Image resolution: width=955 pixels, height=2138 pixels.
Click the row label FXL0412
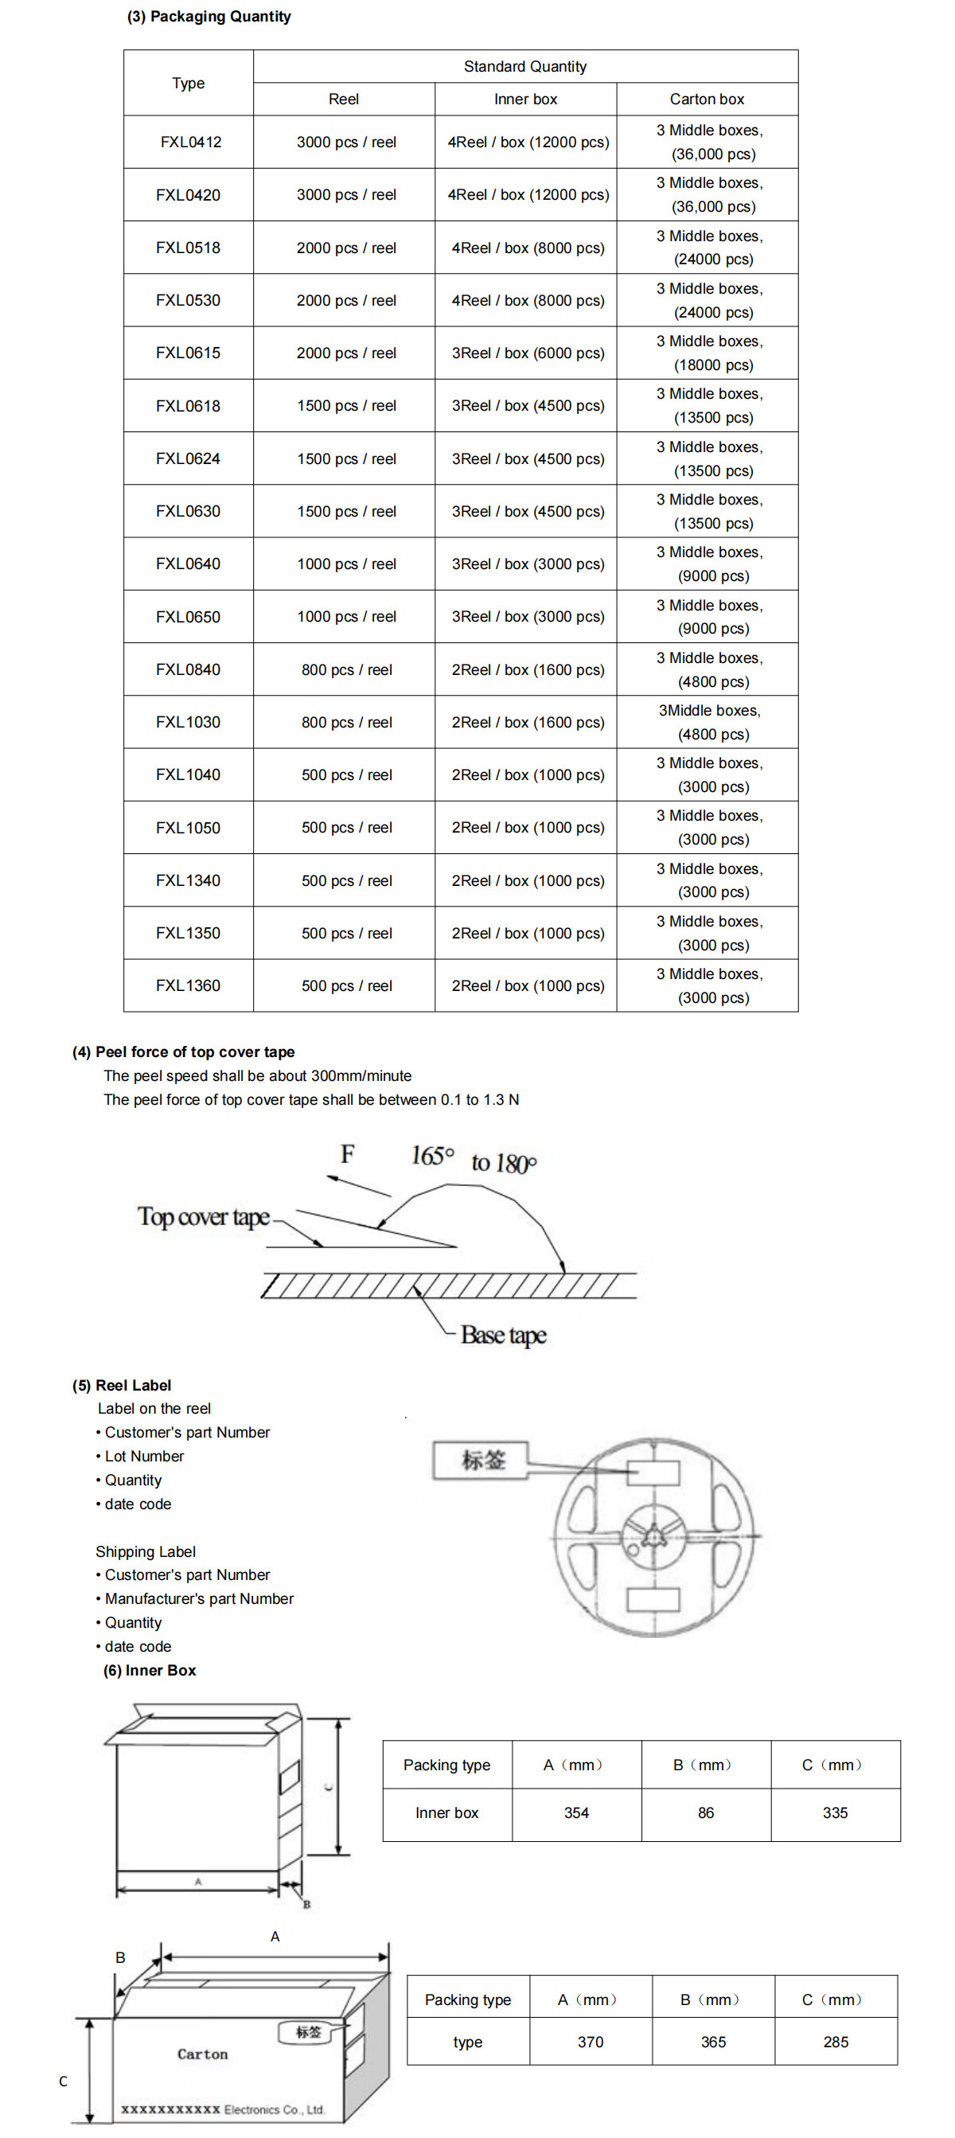pyautogui.click(x=190, y=142)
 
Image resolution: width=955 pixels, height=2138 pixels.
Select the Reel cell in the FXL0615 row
pyautogui.click(x=346, y=353)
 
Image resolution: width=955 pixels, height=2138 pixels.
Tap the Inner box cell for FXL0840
pyautogui.click(x=527, y=669)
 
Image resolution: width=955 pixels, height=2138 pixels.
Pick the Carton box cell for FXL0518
pyautogui.click(x=708, y=248)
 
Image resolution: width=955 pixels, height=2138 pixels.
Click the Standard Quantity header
pyautogui.click(x=524, y=66)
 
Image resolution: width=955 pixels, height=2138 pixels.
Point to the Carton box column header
pyautogui.click(x=707, y=99)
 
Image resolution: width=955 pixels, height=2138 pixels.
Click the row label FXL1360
pyautogui.click(x=189, y=985)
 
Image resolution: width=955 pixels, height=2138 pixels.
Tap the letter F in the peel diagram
pyautogui.click(x=348, y=1153)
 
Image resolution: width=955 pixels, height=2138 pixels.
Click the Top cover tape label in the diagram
pyautogui.click(x=203, y=1217)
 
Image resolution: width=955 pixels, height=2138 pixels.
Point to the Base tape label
pyautogui.click(x=504, y=1335)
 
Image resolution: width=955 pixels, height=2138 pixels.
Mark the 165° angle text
pyautogui.click(x=432, y=1155)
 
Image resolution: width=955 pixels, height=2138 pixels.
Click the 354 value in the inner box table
pyautogui.click(x=576, y=1812)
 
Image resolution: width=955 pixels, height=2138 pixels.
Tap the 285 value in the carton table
pyautogui.click(x=836, y=2042)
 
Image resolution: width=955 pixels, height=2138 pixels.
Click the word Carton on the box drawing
pyautogui.click(x=202, y=2054)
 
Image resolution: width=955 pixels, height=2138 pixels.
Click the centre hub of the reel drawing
pyautogui.click(x=654, y=1536)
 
